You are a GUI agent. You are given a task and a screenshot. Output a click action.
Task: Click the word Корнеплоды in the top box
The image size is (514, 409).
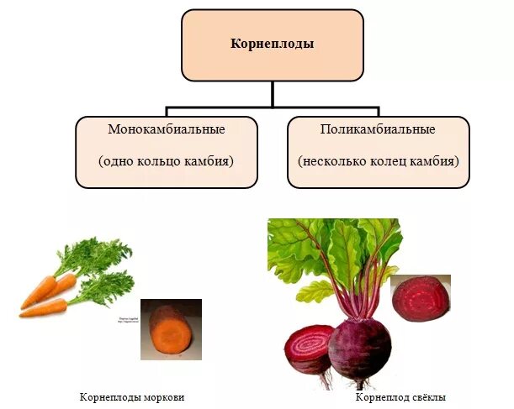click(272, 44)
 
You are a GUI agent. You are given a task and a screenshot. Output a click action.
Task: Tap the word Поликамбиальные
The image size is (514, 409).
click(378, 130)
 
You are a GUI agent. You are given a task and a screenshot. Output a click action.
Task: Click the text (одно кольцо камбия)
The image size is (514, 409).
click(166, 160)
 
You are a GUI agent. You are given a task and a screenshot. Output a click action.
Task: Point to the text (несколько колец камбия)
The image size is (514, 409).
click(378, 160)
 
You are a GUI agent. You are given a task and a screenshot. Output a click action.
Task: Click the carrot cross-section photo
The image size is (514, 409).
click(171, 329)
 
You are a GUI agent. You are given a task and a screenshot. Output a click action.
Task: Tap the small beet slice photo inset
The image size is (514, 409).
click(420, 297)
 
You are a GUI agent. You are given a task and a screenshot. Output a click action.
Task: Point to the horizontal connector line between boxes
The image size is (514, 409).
click(272, 108)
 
